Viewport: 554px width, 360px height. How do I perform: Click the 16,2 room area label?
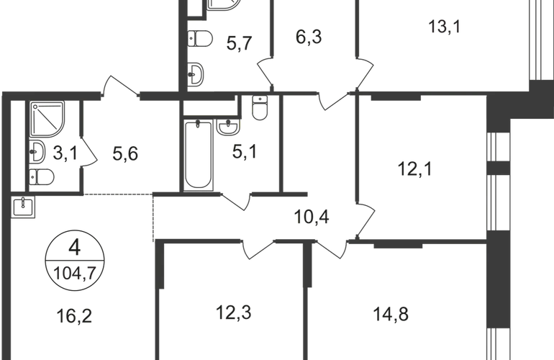pyautogui.click(x=71, y=313)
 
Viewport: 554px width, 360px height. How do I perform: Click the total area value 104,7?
pyautogui.click(x=74, y=270)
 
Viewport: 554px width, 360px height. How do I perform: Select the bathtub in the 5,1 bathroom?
pyautogui.click(x=196, y=155)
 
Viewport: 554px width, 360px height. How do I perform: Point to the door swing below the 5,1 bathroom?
pyautogui.click(x=237, y=202)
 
